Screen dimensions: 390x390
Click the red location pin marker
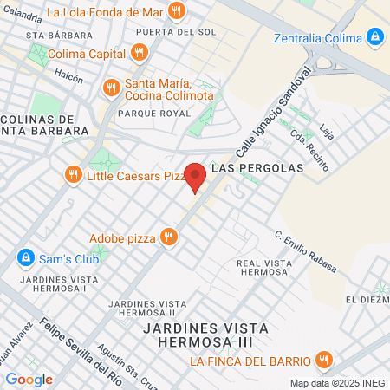pyautogui.click(x=196, y=176)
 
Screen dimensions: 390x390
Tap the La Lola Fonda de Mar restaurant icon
pyautogui.click(x=177, y=11)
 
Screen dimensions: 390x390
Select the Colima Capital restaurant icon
pyautogui.click(x=139, y=52)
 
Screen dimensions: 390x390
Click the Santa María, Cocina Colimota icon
pyautogui.click(x=111, y=88)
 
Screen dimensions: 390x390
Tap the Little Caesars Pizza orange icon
pyautogui.click(x=73, y=176)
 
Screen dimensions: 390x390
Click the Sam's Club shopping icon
pyautogui.click(x=25, y=258)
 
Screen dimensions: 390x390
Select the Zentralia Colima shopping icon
pyautogui.click(x=375, y=38)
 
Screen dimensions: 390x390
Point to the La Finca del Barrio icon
pyautogui.click(x=322, y=361)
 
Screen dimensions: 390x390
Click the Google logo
pyautogui.click(x=29, y=379)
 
